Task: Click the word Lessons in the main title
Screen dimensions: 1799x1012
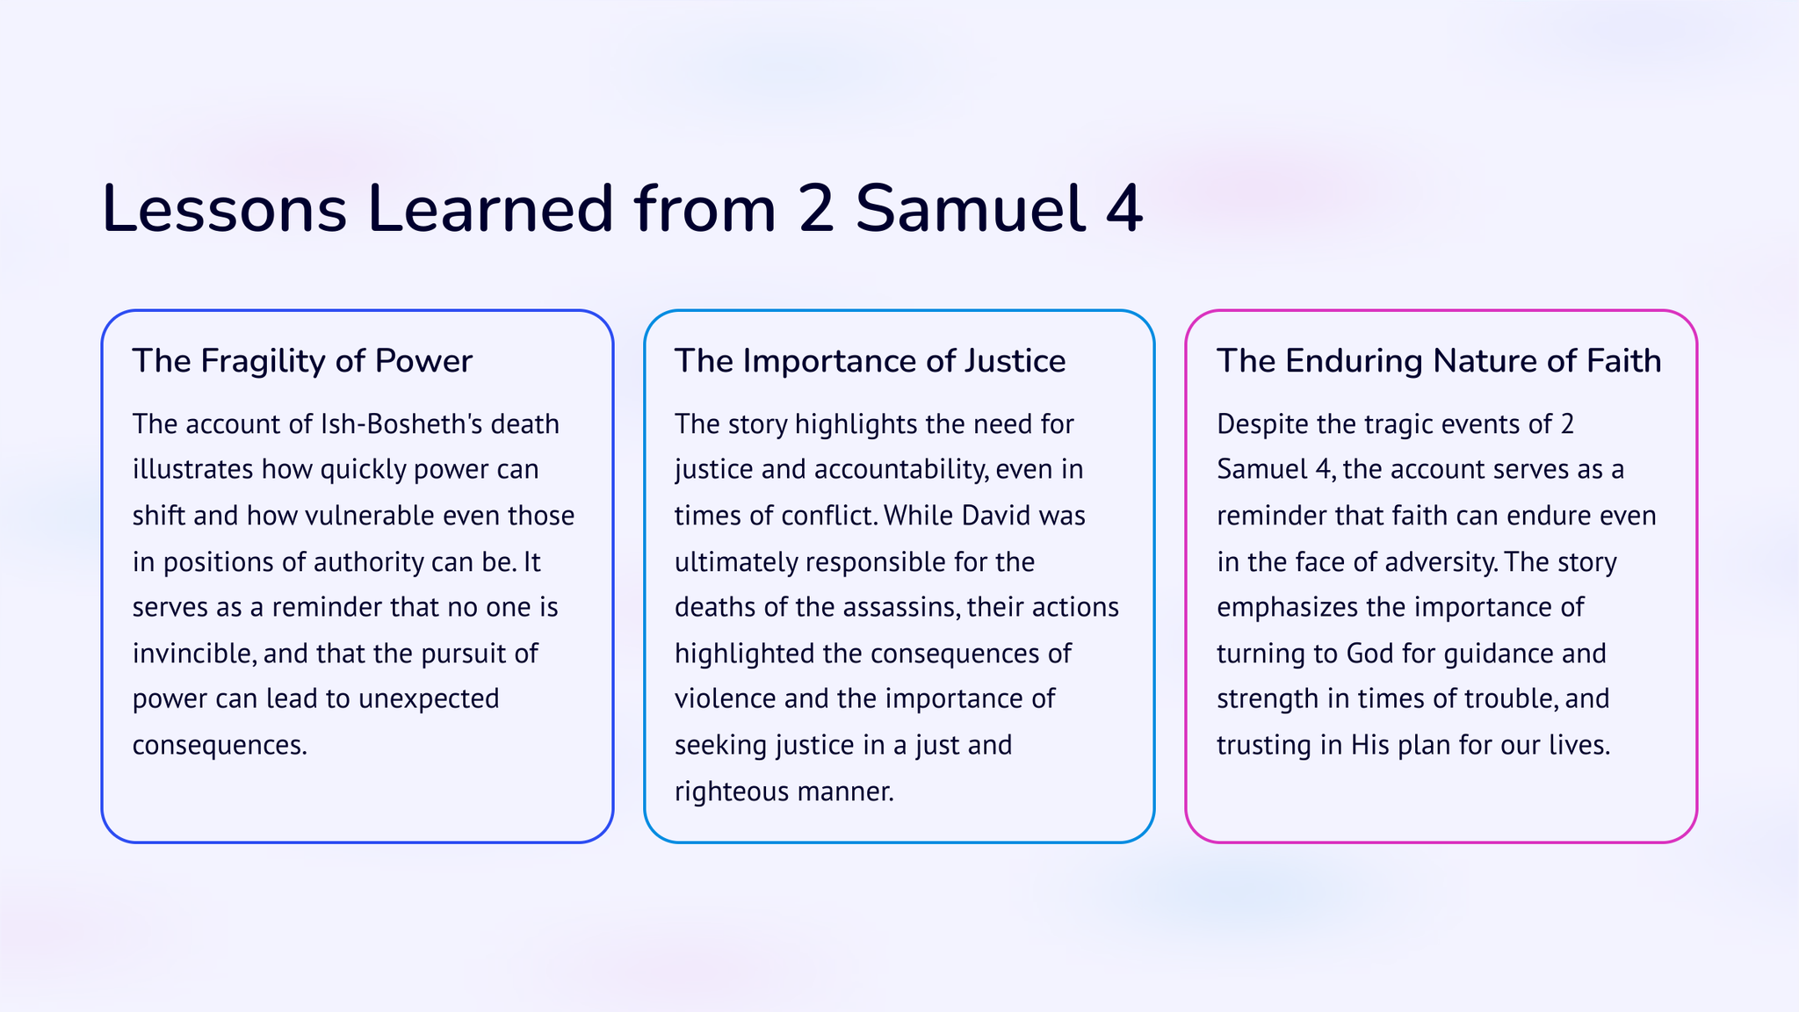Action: pos(225,209)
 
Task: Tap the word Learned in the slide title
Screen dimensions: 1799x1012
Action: pos(490,209)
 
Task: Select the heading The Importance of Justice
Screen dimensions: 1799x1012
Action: pos(871,361)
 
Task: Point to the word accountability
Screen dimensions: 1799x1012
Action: pos(901,470)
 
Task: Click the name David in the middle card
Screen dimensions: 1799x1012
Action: pos(996,515)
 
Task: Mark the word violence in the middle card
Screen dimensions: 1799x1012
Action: pos(726,699)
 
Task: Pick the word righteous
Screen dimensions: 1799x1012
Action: pos(732,792)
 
